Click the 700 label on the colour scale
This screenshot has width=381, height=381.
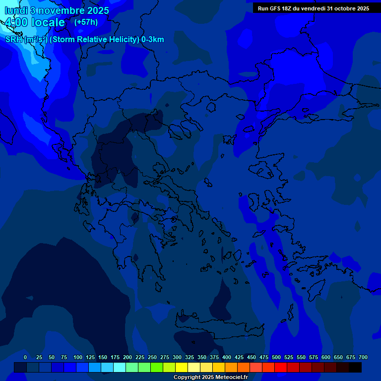click(x=363, y=357)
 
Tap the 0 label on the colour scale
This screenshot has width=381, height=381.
click(x=25, y=357)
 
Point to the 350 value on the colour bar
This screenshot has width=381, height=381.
click(x=202, y=357)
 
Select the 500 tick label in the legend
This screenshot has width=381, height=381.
click(x=276, y=357)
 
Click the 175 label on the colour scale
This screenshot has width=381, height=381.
click(x=115, y=357)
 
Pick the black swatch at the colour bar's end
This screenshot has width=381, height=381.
click(x=355, y=367)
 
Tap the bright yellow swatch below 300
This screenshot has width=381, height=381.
click(x=182, y=367)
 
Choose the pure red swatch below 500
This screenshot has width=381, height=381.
click(x=281, y=367)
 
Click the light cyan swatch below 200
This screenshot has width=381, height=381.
click(x=120, y=367)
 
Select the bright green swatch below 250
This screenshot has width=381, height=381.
click(x=144, y=367)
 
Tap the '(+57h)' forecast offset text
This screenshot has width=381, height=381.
click(x=86, y=22)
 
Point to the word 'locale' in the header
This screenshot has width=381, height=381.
click(x=48, y=22)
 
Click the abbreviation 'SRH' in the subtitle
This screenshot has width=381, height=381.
click(x=14, y=40)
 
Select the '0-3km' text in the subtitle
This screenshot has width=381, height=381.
click(x=153, y=40)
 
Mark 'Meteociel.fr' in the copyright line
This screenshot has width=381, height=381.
click(x=229, y=378)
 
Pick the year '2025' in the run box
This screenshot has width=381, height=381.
click(x=360, y=8)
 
